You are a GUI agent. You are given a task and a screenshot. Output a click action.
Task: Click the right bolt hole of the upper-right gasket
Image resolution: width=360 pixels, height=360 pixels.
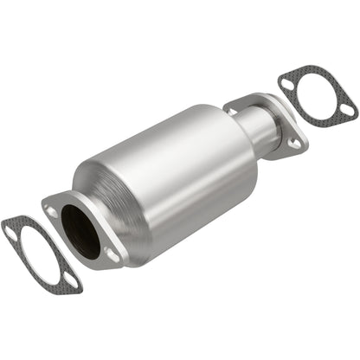click(x=346, y=111)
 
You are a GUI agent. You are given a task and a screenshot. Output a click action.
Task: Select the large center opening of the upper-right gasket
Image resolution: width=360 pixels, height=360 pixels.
click(x=316, y=96)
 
